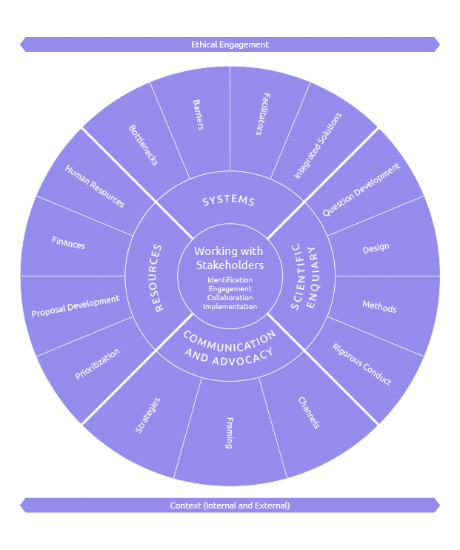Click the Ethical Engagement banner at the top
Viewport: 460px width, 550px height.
pos(230,44)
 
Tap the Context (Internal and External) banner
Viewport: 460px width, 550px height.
pos(230,506)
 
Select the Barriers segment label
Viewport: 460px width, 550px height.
pos(198,114)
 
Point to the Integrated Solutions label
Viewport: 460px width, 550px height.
pos(318,145)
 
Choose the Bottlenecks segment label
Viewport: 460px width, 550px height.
pos(143,145)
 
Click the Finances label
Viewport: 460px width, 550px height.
pos(68,242)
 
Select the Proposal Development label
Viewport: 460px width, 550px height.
pos(76,306)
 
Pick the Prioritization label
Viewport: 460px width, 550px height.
pos(97,364)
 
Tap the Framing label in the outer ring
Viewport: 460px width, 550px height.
pos(229,433)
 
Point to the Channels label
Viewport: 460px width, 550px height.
pos(309,414)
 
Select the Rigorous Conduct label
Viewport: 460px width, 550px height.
pos(361,364)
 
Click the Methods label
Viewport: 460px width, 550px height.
pos(379,306)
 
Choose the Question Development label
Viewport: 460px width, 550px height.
pos(361,190)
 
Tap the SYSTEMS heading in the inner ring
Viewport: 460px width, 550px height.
pos(229,201)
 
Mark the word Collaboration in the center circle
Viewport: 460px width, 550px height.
pos(230,298)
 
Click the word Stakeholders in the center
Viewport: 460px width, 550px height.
pos(230,265)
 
